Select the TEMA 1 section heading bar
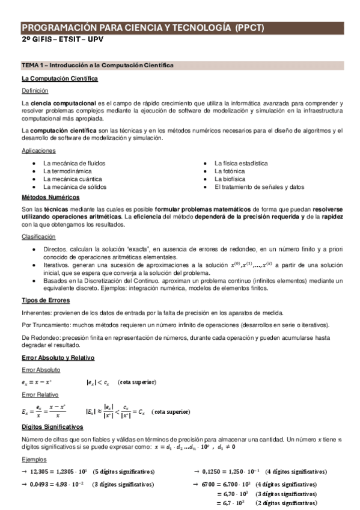[180, 64]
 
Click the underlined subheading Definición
[34, 90]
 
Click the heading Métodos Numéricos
[50, 197]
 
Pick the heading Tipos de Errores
[46, 300]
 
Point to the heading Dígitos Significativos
[52, 426]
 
